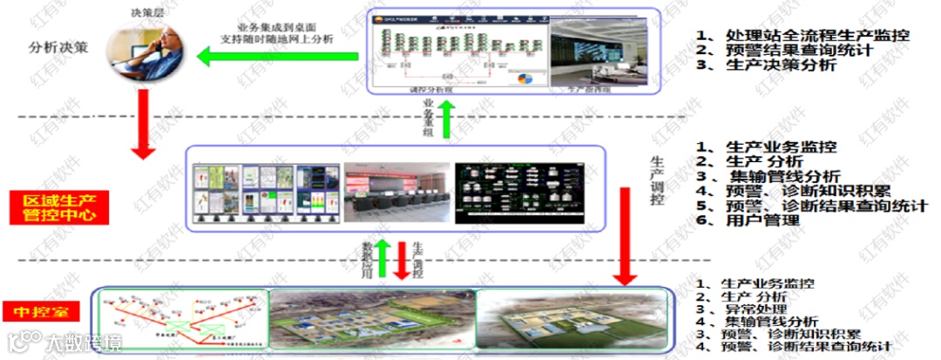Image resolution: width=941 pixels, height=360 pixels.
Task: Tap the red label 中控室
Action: click(x=42, y=311)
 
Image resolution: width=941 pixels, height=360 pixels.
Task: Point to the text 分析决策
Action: click(x=58, y=47)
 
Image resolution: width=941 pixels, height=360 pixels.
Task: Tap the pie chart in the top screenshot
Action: click(x=525, y=79)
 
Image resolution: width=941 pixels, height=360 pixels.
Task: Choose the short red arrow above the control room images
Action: click(x=403, y=262)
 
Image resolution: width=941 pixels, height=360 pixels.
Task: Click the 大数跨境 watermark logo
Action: click(x=64, y=343)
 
